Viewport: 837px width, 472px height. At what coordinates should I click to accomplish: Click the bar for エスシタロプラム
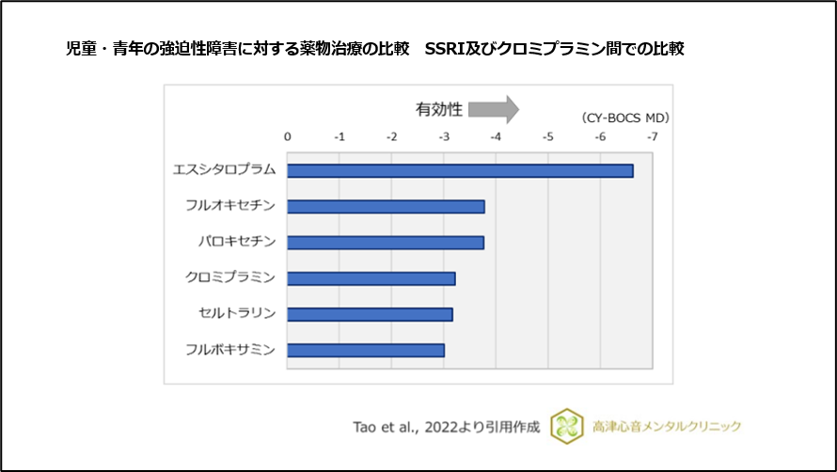460,170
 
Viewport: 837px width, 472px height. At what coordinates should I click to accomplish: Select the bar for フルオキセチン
386,207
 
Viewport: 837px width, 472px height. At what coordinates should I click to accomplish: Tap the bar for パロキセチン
386,243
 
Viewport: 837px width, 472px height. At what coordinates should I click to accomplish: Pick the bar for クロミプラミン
371,278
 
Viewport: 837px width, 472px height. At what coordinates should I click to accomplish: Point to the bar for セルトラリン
370,314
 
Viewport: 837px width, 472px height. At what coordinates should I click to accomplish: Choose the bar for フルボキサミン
366,350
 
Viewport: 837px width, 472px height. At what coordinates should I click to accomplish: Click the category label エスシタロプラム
224,170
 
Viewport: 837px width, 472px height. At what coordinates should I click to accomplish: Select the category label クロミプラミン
230,278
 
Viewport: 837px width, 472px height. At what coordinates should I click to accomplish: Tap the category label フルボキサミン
230,350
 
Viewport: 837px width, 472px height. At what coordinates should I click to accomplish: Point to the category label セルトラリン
237,314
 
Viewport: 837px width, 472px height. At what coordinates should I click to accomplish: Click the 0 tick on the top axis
288,137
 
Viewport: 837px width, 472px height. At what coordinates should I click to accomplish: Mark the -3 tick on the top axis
444,137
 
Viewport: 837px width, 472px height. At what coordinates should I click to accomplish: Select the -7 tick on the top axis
652,137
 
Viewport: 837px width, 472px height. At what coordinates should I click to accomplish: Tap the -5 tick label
547,137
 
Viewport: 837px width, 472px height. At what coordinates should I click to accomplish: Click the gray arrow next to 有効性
494,109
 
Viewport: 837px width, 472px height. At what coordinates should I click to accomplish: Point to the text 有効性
439,109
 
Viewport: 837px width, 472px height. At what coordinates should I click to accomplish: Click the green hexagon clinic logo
565,425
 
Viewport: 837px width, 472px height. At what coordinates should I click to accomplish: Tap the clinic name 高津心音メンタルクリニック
668,426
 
